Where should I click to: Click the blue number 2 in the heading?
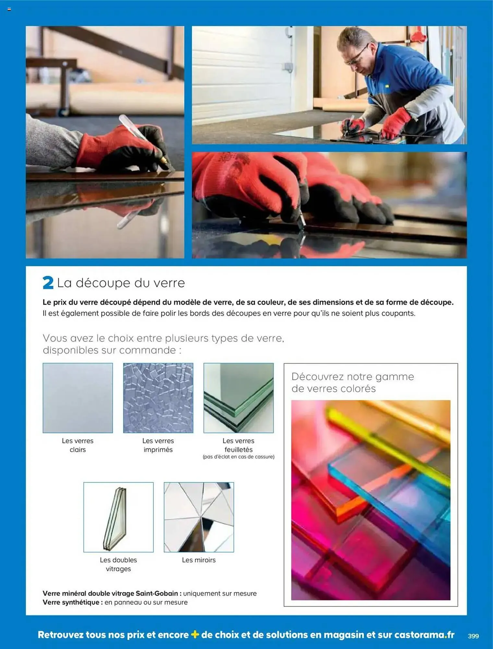tap(48, 283)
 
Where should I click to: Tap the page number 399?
tap(473, 636)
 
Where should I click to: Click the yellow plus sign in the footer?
tap(195, 634)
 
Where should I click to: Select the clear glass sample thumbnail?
tap(78, 398)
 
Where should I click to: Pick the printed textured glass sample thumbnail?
tap(158, 398)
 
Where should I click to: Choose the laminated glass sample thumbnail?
tap(239, 398)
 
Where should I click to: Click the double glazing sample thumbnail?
tap(118, 517)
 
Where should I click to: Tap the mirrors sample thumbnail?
tap(199, 517)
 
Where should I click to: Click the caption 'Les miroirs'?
tap(199, 560)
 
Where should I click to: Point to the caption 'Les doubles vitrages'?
tap(118, 564)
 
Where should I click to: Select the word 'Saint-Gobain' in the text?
tap(157, 594)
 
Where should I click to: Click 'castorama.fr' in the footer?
tap(424, 635)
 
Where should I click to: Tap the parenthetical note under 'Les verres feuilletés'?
tap(239, 457)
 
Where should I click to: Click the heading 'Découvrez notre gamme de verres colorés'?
tap(353, 382)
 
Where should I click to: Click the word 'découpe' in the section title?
tap(103, 283)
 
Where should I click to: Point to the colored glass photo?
tap(371, 500)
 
